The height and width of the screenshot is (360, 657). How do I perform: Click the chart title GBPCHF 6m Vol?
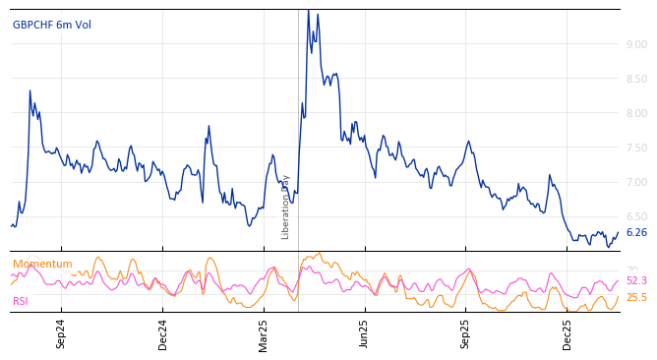click(52, 25)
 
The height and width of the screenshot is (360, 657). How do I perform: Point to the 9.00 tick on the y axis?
click(636, 44)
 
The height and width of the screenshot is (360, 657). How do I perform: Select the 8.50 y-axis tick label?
click(636, 79)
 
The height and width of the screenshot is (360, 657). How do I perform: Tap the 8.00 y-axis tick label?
click(636, 113)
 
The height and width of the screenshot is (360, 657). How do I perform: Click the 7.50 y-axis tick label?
click(636, 148)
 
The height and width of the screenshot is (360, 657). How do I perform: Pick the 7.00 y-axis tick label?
click(636, 182)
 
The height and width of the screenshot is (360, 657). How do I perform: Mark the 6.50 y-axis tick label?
click(636, 216)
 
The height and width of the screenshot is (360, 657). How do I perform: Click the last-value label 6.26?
click(636, 233)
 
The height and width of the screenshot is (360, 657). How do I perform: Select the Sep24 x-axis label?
click(61, 333)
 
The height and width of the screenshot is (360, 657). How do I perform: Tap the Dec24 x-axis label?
click(163, 333)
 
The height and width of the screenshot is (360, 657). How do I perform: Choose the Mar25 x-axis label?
click(264, 333)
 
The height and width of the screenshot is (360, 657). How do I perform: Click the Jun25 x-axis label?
click(364, 333)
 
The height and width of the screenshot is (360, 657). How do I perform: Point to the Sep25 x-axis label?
click(465, 333)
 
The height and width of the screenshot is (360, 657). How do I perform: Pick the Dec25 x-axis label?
click(567, 333)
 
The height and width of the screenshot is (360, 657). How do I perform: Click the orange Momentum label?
click(42, 264)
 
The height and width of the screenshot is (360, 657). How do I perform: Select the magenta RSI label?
click(21, 301)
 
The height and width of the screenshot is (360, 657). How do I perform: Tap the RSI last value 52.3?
click(636, 281)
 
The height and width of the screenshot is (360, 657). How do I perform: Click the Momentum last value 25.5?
click(636, 297)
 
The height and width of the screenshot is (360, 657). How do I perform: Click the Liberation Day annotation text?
click(286, 207)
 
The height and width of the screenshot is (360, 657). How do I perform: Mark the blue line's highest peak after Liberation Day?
click(308, 11)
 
